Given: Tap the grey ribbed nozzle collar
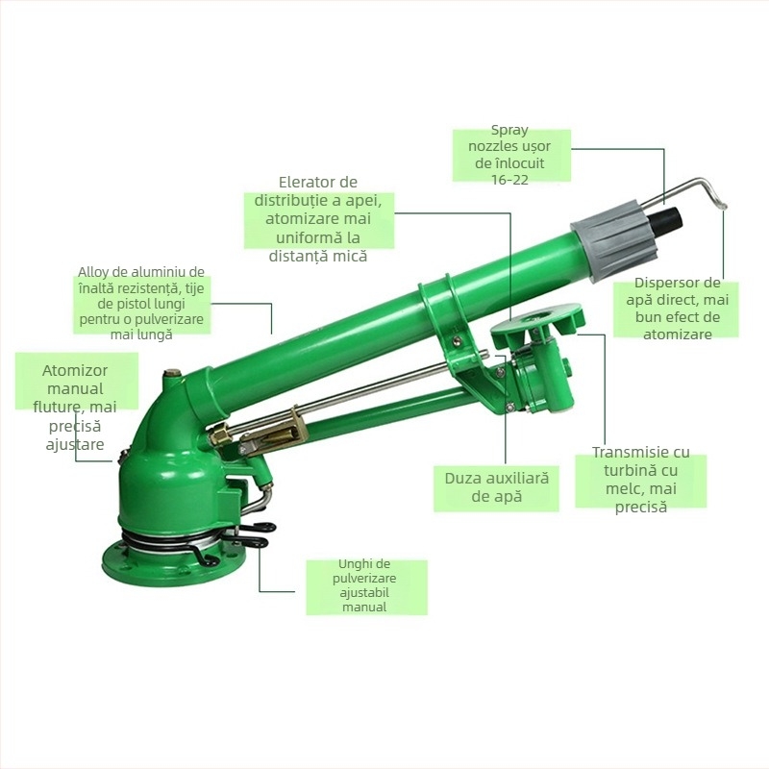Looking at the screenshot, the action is (614, 240).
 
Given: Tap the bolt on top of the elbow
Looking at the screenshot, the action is (172, 374).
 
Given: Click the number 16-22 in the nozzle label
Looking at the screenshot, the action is (509, 180).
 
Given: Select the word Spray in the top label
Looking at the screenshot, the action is (509, 131).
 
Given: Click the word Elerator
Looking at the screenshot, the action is (318, 182).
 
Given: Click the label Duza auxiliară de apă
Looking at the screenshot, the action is (496, 487).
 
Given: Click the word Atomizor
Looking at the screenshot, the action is (75, 370).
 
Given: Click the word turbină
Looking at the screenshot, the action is (628, 470).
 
